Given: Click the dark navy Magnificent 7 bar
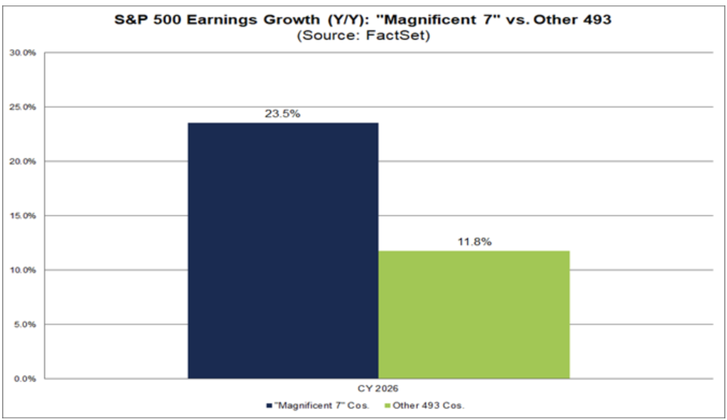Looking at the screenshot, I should (283, 251).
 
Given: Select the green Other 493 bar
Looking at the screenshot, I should (474, 315).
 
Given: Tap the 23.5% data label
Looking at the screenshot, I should (283, 115).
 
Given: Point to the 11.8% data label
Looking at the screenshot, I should (474, 242).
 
